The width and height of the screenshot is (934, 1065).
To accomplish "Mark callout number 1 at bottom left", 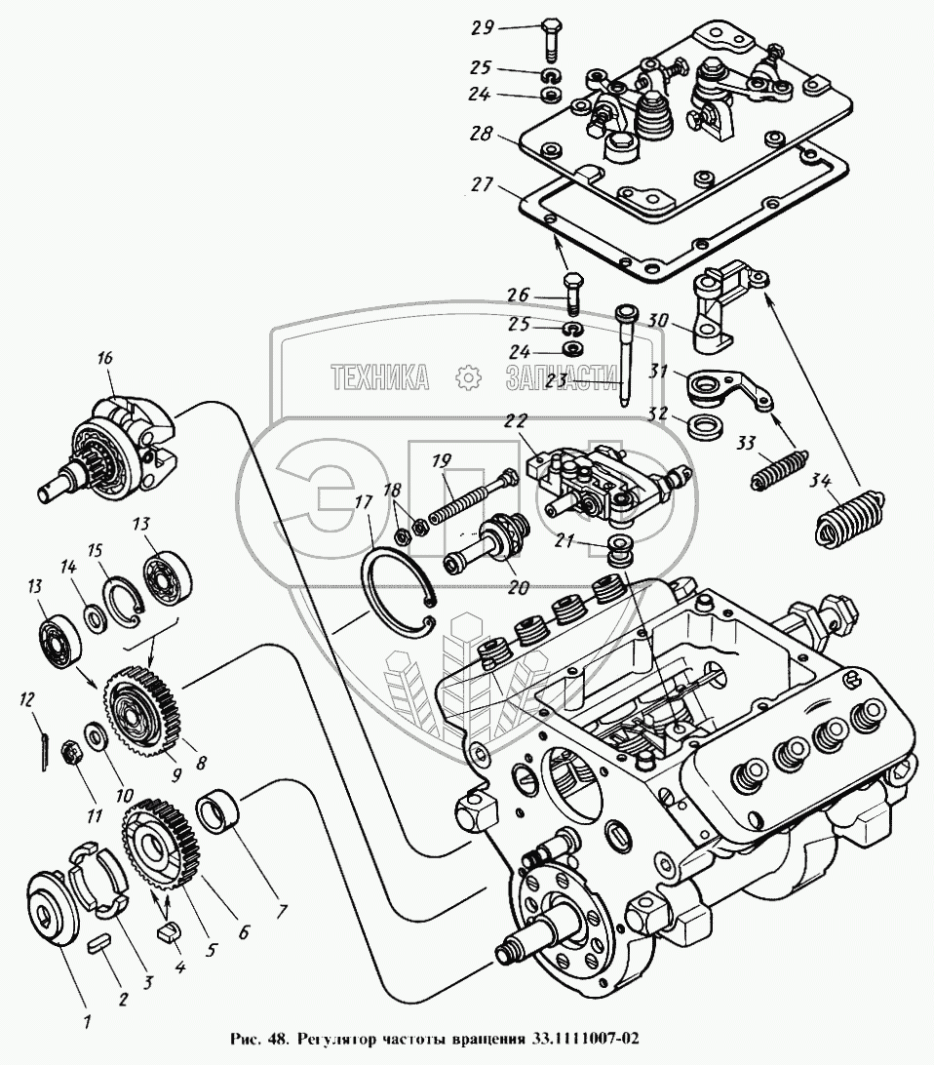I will point(88,1021).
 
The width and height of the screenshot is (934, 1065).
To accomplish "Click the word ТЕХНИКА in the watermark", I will point(380,377).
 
